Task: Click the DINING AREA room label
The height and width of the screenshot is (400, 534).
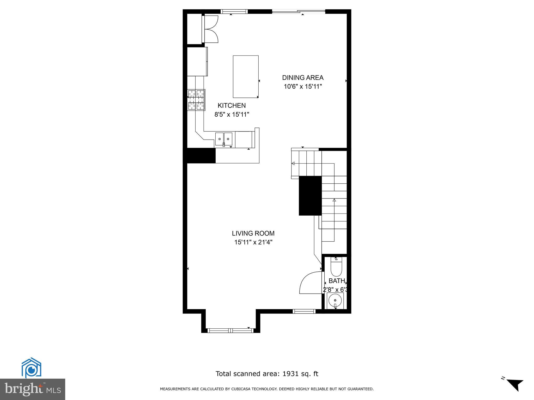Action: pyautogui.click(x=303, y=78)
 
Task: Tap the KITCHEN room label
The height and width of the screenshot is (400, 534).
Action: pyautogui.click(x=232, y=105)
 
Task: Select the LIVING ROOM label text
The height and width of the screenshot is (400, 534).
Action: pyautogui.click(x=253, y=233)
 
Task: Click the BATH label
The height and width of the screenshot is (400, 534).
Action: pyautogui.click(x=337, y=281)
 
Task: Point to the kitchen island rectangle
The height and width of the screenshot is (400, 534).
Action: pyautogui.click(x=246, y=77)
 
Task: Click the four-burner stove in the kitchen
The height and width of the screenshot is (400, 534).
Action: pyautogui.click(x=196, y=100)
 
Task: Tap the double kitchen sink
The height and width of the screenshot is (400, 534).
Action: pyautogui.click(x=224, y=139)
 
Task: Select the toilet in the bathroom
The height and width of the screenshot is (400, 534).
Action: pyautogui.click(x=336, y=268)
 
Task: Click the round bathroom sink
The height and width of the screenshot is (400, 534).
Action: pyautogui.click(x=335, y=301)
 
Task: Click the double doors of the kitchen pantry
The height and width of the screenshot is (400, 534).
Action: pyautogui.click(x=211, y=29)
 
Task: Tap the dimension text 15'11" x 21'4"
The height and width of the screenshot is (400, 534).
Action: pyautogui.click(x=253, y=242)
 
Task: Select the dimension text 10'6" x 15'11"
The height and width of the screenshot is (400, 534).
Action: pyautogui.click(x=303, y=86)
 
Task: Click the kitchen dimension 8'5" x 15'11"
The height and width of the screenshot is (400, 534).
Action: pyautogui.click(x=232, y=114)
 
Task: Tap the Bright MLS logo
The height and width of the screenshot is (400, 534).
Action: pyautogui.click(x=33, y=389)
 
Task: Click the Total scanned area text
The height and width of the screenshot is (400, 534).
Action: pyautogui.click(x=267, y=374)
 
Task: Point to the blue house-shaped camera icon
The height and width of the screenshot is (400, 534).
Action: pyautogui.click(x=31, y=368)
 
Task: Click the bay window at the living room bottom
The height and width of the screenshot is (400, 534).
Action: pyautogui.click(x=230, y=330)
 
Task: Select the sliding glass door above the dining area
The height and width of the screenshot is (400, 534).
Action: pyautogui.click(x=299, y=11)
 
